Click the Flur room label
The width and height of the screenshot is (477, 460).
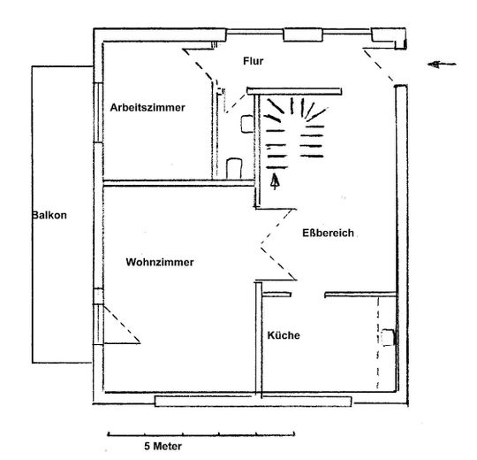point(254,61)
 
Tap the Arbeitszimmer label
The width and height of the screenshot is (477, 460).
point(148,108)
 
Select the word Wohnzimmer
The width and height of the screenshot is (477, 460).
point(160,263)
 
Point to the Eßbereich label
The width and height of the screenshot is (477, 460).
point(328,233)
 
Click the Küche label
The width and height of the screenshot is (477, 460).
point(284,335)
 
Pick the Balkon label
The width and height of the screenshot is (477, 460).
point(49,215)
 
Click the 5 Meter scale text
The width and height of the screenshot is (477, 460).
point(163,447)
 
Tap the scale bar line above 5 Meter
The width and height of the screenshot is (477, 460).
point(201,434)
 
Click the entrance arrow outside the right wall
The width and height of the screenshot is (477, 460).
point(442,65)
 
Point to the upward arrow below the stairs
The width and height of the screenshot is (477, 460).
point(275,181)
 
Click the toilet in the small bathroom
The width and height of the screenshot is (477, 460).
point(234,168)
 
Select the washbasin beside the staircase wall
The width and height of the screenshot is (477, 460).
point(247,124)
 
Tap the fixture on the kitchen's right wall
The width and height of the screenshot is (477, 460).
point(388,338)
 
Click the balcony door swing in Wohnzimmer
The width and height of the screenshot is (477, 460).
point(122,326)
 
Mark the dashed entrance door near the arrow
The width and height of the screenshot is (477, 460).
point(378,65)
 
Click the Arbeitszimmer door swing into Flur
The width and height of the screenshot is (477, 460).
point(199,64)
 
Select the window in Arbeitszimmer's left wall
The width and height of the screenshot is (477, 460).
point(98,112)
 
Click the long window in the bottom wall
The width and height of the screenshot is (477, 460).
point(254,402)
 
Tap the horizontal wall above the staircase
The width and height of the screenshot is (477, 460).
point(294,91)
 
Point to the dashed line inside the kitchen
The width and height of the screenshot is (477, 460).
point(378,342)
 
